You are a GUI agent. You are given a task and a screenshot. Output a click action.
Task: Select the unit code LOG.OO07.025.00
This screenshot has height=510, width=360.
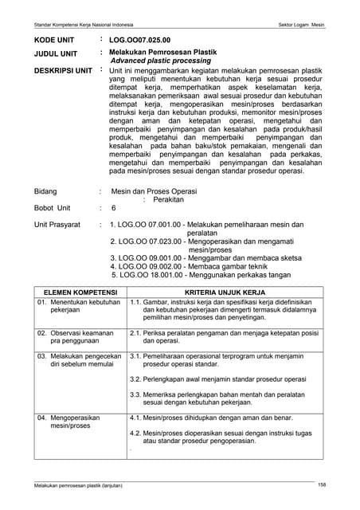tap(139, 39)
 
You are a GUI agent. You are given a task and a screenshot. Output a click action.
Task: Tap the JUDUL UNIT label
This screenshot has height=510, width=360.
tap(55, 54)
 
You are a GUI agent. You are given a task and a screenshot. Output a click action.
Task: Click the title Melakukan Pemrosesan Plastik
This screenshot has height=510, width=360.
tap(162, 52)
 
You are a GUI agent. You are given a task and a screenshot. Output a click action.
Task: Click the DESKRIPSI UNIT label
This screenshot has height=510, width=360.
tap(63, 71)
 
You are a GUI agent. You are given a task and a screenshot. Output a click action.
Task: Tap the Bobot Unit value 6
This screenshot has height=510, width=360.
tap(114, 209)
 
